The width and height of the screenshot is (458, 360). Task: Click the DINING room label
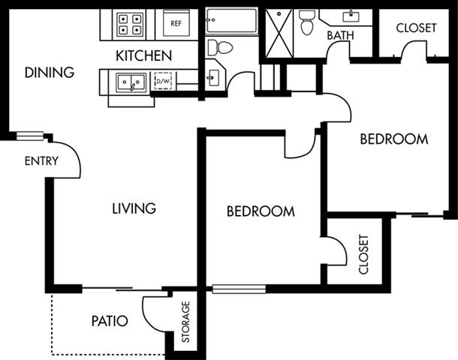tap(50, 73)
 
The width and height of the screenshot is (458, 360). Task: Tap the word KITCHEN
tap(143, 55)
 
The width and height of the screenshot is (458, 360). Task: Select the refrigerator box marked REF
tap(176, 23)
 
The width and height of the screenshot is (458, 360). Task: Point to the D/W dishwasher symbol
tap(163, 79)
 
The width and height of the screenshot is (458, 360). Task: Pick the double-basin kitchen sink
tap(130, 81)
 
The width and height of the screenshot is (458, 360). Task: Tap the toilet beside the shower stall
tap(306, 22)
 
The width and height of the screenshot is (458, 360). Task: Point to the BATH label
tap(340, 35)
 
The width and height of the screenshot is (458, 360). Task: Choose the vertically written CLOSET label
tap(364, 255)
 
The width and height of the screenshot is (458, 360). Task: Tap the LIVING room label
tap(134, 208)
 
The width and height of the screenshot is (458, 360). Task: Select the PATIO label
tap(109, 321)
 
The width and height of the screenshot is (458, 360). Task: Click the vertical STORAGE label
tap(186, 322)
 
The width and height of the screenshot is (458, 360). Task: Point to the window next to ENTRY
tap(30, 136)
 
